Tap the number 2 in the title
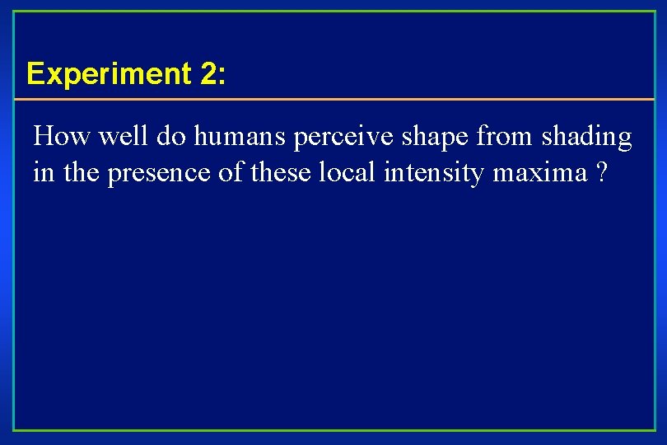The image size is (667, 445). click(x=208, y=74)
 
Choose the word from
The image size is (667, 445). click(x=506, y=136)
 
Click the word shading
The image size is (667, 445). click(x=586, y=138)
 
